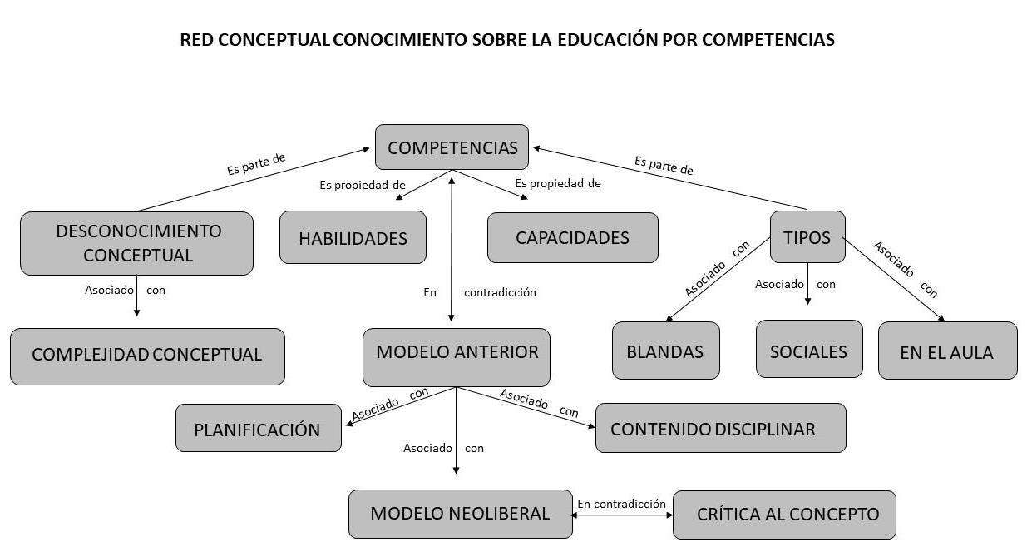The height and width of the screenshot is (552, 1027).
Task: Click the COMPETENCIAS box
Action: pos(452,147)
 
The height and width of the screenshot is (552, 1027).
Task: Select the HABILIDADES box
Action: pos(353,238)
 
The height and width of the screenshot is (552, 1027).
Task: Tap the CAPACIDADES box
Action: pos(572,237)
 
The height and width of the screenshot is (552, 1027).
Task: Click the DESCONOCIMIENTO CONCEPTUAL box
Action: pos(136,243)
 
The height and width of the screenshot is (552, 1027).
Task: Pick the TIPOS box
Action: pos(807,237)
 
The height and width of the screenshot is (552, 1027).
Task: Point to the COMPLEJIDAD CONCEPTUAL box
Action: pos(147,356)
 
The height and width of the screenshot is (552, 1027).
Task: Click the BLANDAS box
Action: pos(665,351)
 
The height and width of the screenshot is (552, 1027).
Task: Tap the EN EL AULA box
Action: pos(947,351)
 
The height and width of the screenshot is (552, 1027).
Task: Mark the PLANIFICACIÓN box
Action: pos(258,429)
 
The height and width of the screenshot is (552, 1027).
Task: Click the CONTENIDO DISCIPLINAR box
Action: pos(720,428)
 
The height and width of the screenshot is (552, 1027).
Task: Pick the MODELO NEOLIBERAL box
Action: pos(460,514)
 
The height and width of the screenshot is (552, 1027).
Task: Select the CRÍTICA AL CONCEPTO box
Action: pos(784,515)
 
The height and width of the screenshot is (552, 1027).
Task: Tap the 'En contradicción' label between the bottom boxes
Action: pos(621,504)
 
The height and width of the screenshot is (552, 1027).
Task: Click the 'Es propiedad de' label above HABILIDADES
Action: pos(363,185)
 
